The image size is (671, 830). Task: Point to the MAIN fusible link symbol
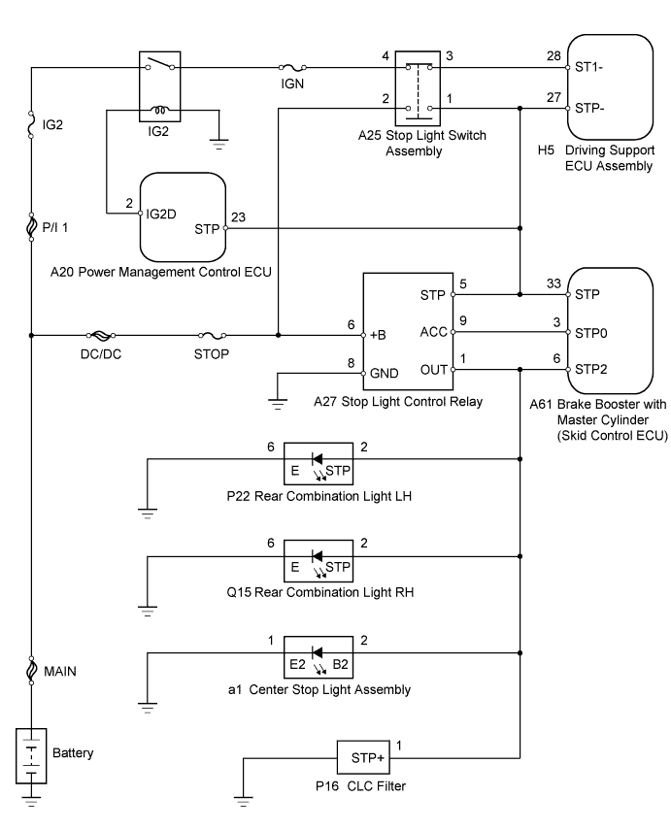(31, 671)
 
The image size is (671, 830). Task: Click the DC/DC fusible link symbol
(101, 335)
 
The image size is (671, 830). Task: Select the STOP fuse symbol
(212, 335)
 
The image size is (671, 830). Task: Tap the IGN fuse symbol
(292, 68)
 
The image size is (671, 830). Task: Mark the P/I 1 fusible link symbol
(31, 227)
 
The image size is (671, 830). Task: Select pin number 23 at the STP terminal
(238, 217)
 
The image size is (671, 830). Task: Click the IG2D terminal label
(161, 214)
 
